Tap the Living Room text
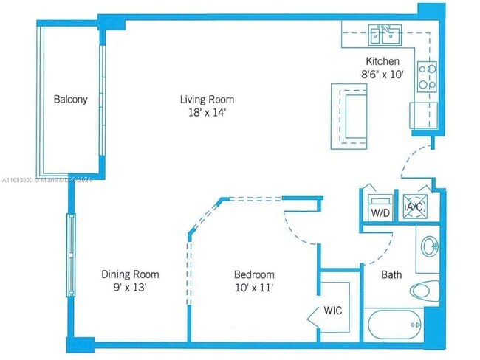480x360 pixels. (x=207, y=100)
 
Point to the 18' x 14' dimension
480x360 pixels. (x=207, y=113)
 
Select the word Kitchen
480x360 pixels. (x=383, y=61)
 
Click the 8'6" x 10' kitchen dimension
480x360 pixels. (x=383, y=75)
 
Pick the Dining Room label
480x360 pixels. (x=129, y=274)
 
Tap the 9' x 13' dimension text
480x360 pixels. (x=129, y=288)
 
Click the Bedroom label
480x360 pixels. (x=253, y=274)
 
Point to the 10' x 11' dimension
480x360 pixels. (x=253, y=288)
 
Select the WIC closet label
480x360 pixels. (x=332, y=311)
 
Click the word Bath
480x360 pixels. (x=391, y=275)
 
